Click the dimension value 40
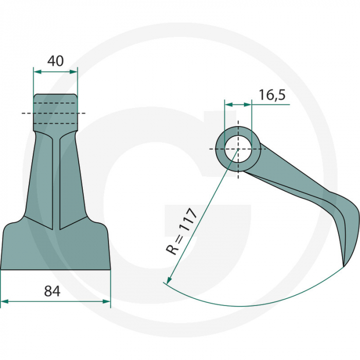click(55, 61)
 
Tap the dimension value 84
click(52, 291)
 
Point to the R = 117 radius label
click(183, 231)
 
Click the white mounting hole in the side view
click(238, 149)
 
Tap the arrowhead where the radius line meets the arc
click(166, 281)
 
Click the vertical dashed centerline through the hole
click(238, 170)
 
